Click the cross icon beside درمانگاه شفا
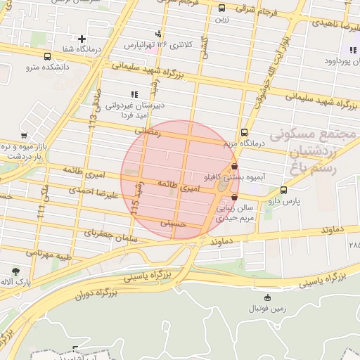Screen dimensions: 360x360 point(82,39)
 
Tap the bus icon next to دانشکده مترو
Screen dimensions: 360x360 point(47,56)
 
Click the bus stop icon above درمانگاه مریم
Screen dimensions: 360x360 point(244,132)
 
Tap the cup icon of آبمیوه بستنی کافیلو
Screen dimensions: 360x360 point(234,167)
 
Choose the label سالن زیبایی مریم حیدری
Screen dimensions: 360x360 point(235,214)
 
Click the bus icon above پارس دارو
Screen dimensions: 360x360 point(283,190)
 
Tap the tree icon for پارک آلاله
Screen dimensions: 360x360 point(15,271)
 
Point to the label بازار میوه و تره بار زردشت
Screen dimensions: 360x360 point(27,150)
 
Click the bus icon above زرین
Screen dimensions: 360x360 point(222,8)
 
